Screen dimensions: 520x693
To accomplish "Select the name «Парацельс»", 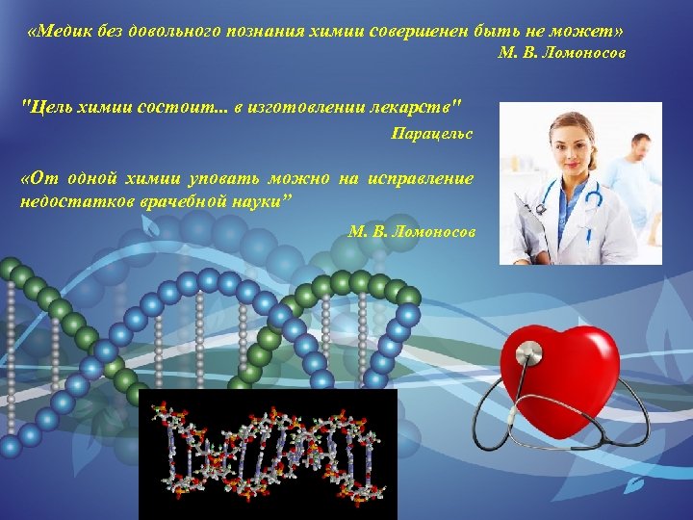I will [431, 133].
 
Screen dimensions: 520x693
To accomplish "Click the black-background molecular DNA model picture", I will [268, 454].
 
